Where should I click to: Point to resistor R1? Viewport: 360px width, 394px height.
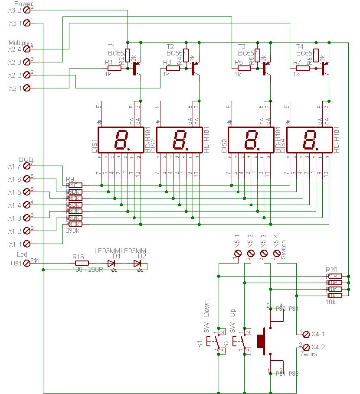114,68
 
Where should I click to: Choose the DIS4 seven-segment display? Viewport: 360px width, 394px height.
309,140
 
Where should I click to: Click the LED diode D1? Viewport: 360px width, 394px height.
111,263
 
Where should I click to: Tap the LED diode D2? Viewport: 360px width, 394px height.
137,263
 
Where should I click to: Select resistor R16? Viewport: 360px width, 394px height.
82,263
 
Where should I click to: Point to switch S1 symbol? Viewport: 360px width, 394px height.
215,342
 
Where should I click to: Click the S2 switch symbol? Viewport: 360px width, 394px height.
241,342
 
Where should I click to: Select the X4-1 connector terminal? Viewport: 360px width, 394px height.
305,334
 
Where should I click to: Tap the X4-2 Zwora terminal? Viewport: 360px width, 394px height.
305,347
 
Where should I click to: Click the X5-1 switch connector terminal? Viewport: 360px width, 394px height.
238,253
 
